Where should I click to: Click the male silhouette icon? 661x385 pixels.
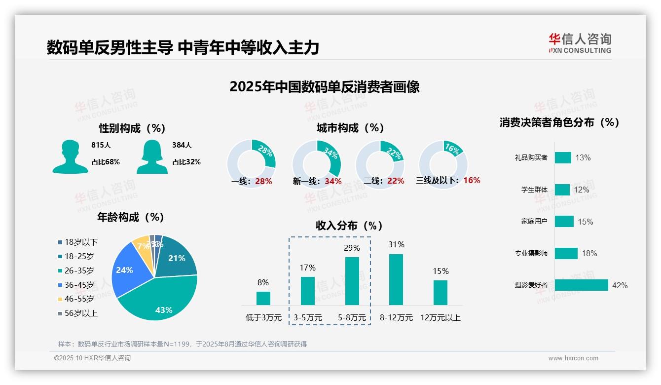click(70, 156)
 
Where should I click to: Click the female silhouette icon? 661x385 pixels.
click(152, 156)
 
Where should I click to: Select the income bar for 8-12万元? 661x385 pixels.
click(396, 279)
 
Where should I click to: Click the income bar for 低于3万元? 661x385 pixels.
click(263, 298)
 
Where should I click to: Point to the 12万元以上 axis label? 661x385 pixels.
click(440, 318)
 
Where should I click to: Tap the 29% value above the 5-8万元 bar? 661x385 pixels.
click(352, 248)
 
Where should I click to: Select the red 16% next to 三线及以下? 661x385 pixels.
click(472, 181)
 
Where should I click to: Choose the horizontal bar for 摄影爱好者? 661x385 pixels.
click(581, 285)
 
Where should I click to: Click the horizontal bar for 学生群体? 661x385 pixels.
click(562, 190)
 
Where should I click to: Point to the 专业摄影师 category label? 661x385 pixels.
click(531, 253)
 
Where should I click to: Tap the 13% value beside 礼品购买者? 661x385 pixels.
click(583, 158)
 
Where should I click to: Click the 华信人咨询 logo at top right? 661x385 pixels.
click(580, 43)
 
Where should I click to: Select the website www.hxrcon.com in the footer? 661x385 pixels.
click(573, 358)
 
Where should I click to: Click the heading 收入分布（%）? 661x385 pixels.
click(349, 226)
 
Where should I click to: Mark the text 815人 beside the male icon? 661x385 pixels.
click(101, 145)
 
